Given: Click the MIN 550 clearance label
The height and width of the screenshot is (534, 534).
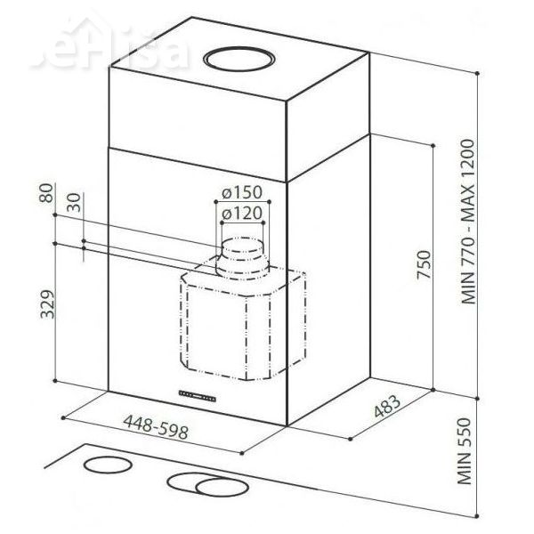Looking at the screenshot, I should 473,458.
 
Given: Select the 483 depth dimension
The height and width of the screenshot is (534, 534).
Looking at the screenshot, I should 384,408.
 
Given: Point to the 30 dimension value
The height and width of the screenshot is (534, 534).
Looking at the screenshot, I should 73,203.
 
